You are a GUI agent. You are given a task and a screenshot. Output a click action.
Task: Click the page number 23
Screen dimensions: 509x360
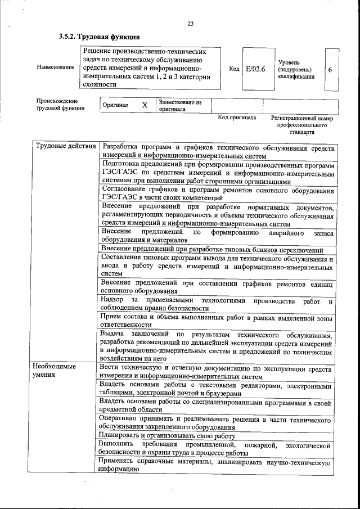pos(190,24)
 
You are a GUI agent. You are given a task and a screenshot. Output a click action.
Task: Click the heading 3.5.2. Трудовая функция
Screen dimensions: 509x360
pos(99,37)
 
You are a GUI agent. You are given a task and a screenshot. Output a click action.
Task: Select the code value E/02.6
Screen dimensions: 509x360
pos(255,69)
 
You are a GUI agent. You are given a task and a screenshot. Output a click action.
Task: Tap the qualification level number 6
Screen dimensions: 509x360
pos(330,69)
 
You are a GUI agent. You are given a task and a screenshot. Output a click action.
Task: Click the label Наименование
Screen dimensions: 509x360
pos(55,67)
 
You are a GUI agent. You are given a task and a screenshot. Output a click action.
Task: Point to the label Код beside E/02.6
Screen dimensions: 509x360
pos(235,69)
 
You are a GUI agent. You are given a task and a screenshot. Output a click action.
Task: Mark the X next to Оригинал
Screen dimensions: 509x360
pos(145,105)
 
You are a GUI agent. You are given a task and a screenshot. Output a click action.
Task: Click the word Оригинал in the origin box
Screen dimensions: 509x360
pos(115,105)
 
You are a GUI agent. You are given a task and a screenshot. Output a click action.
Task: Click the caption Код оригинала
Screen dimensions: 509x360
pos(237,118)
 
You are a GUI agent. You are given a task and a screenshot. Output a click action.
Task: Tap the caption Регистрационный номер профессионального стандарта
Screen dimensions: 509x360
pos(301,125)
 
